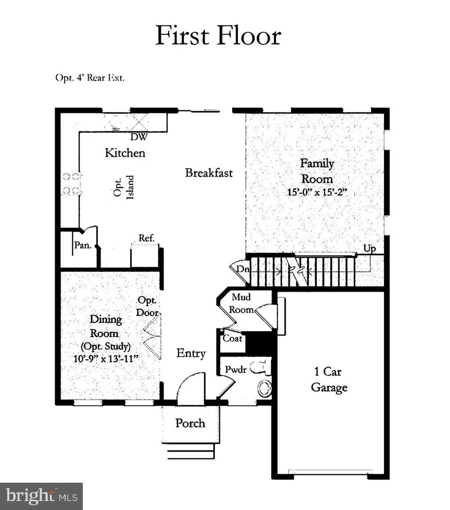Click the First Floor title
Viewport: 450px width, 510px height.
click(218, 35)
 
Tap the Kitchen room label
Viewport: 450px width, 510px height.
click(125, 152)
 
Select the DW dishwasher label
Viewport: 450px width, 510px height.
click(139, 137)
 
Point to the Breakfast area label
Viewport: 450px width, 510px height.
click(209, 173)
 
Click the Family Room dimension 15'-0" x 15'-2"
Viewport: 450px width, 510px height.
click(317, 192)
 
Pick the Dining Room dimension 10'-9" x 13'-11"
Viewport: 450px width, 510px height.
click(106, 358)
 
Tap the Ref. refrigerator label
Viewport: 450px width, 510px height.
click(146, 238)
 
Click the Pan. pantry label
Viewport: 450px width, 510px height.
click(83, 245)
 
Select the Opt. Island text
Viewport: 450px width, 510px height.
click(123, 187)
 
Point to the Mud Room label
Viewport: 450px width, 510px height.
click(241, 303)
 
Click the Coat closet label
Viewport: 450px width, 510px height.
click(232, 339)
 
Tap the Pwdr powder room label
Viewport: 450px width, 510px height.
click(236, 369)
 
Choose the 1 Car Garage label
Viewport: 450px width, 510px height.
click(329, 379)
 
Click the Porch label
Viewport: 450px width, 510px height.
click(190, 423)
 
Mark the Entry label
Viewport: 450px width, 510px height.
click(191, 353)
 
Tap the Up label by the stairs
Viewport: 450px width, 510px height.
click(369, 249)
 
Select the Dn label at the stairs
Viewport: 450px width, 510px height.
click(243, 269)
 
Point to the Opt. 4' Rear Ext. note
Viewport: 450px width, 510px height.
click(90, 78)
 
